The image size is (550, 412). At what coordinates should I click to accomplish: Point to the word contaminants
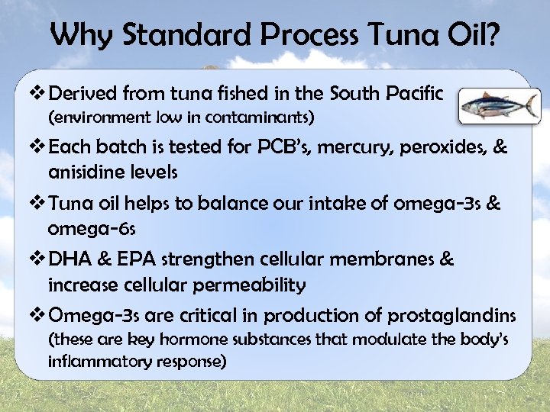coord(259,118)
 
